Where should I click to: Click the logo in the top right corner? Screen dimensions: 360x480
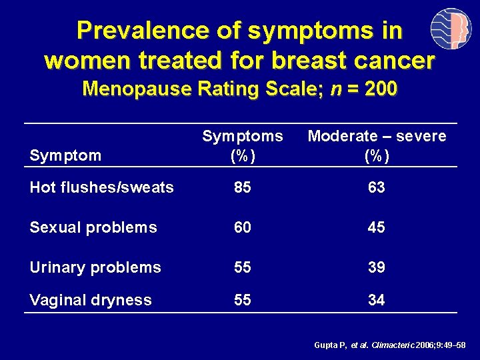tap(451, 31)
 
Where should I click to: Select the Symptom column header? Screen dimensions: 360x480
tap(65, 155)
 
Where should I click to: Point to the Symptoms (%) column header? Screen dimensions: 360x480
tap(243, 145)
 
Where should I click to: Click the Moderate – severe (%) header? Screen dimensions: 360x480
tap(377, 145)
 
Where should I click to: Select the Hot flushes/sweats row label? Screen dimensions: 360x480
tap(101, 187)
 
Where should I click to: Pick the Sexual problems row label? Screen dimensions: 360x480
tap(93, 227)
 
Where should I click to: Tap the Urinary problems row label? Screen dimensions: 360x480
tap(95, 267)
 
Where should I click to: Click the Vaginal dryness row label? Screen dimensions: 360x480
tap(91, 300)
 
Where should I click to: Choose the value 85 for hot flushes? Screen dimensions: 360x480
tap(243, 187)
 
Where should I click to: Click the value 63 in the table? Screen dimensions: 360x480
tap(377, 187)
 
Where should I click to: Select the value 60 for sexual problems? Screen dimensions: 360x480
tap(243, 227)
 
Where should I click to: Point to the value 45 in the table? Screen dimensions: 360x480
tap(377, 227)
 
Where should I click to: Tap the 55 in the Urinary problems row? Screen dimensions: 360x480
tap(243, 267)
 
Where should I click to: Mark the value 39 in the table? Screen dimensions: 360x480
tap(377, 267)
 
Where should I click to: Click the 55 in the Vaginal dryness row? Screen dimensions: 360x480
tap(243, 300)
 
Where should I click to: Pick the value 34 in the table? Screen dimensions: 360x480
tap(377, 300)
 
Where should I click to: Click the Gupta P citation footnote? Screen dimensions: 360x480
tap(390, 345)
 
